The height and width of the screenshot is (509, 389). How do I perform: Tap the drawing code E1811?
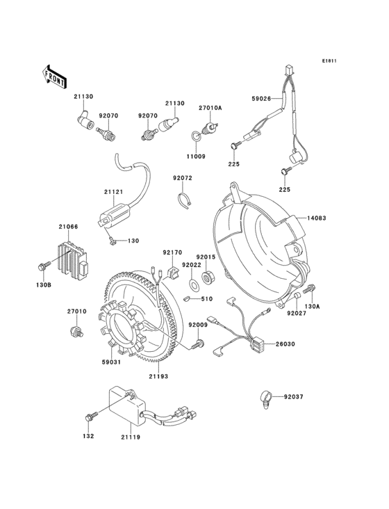329,61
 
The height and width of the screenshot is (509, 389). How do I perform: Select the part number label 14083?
322,218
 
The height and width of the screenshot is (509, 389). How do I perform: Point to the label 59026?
260,99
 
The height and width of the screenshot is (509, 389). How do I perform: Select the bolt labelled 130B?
43,266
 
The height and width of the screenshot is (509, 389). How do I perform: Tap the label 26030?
285,344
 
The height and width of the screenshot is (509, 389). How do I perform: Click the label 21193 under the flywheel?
157,375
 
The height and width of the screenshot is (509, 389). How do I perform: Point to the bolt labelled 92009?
200,343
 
